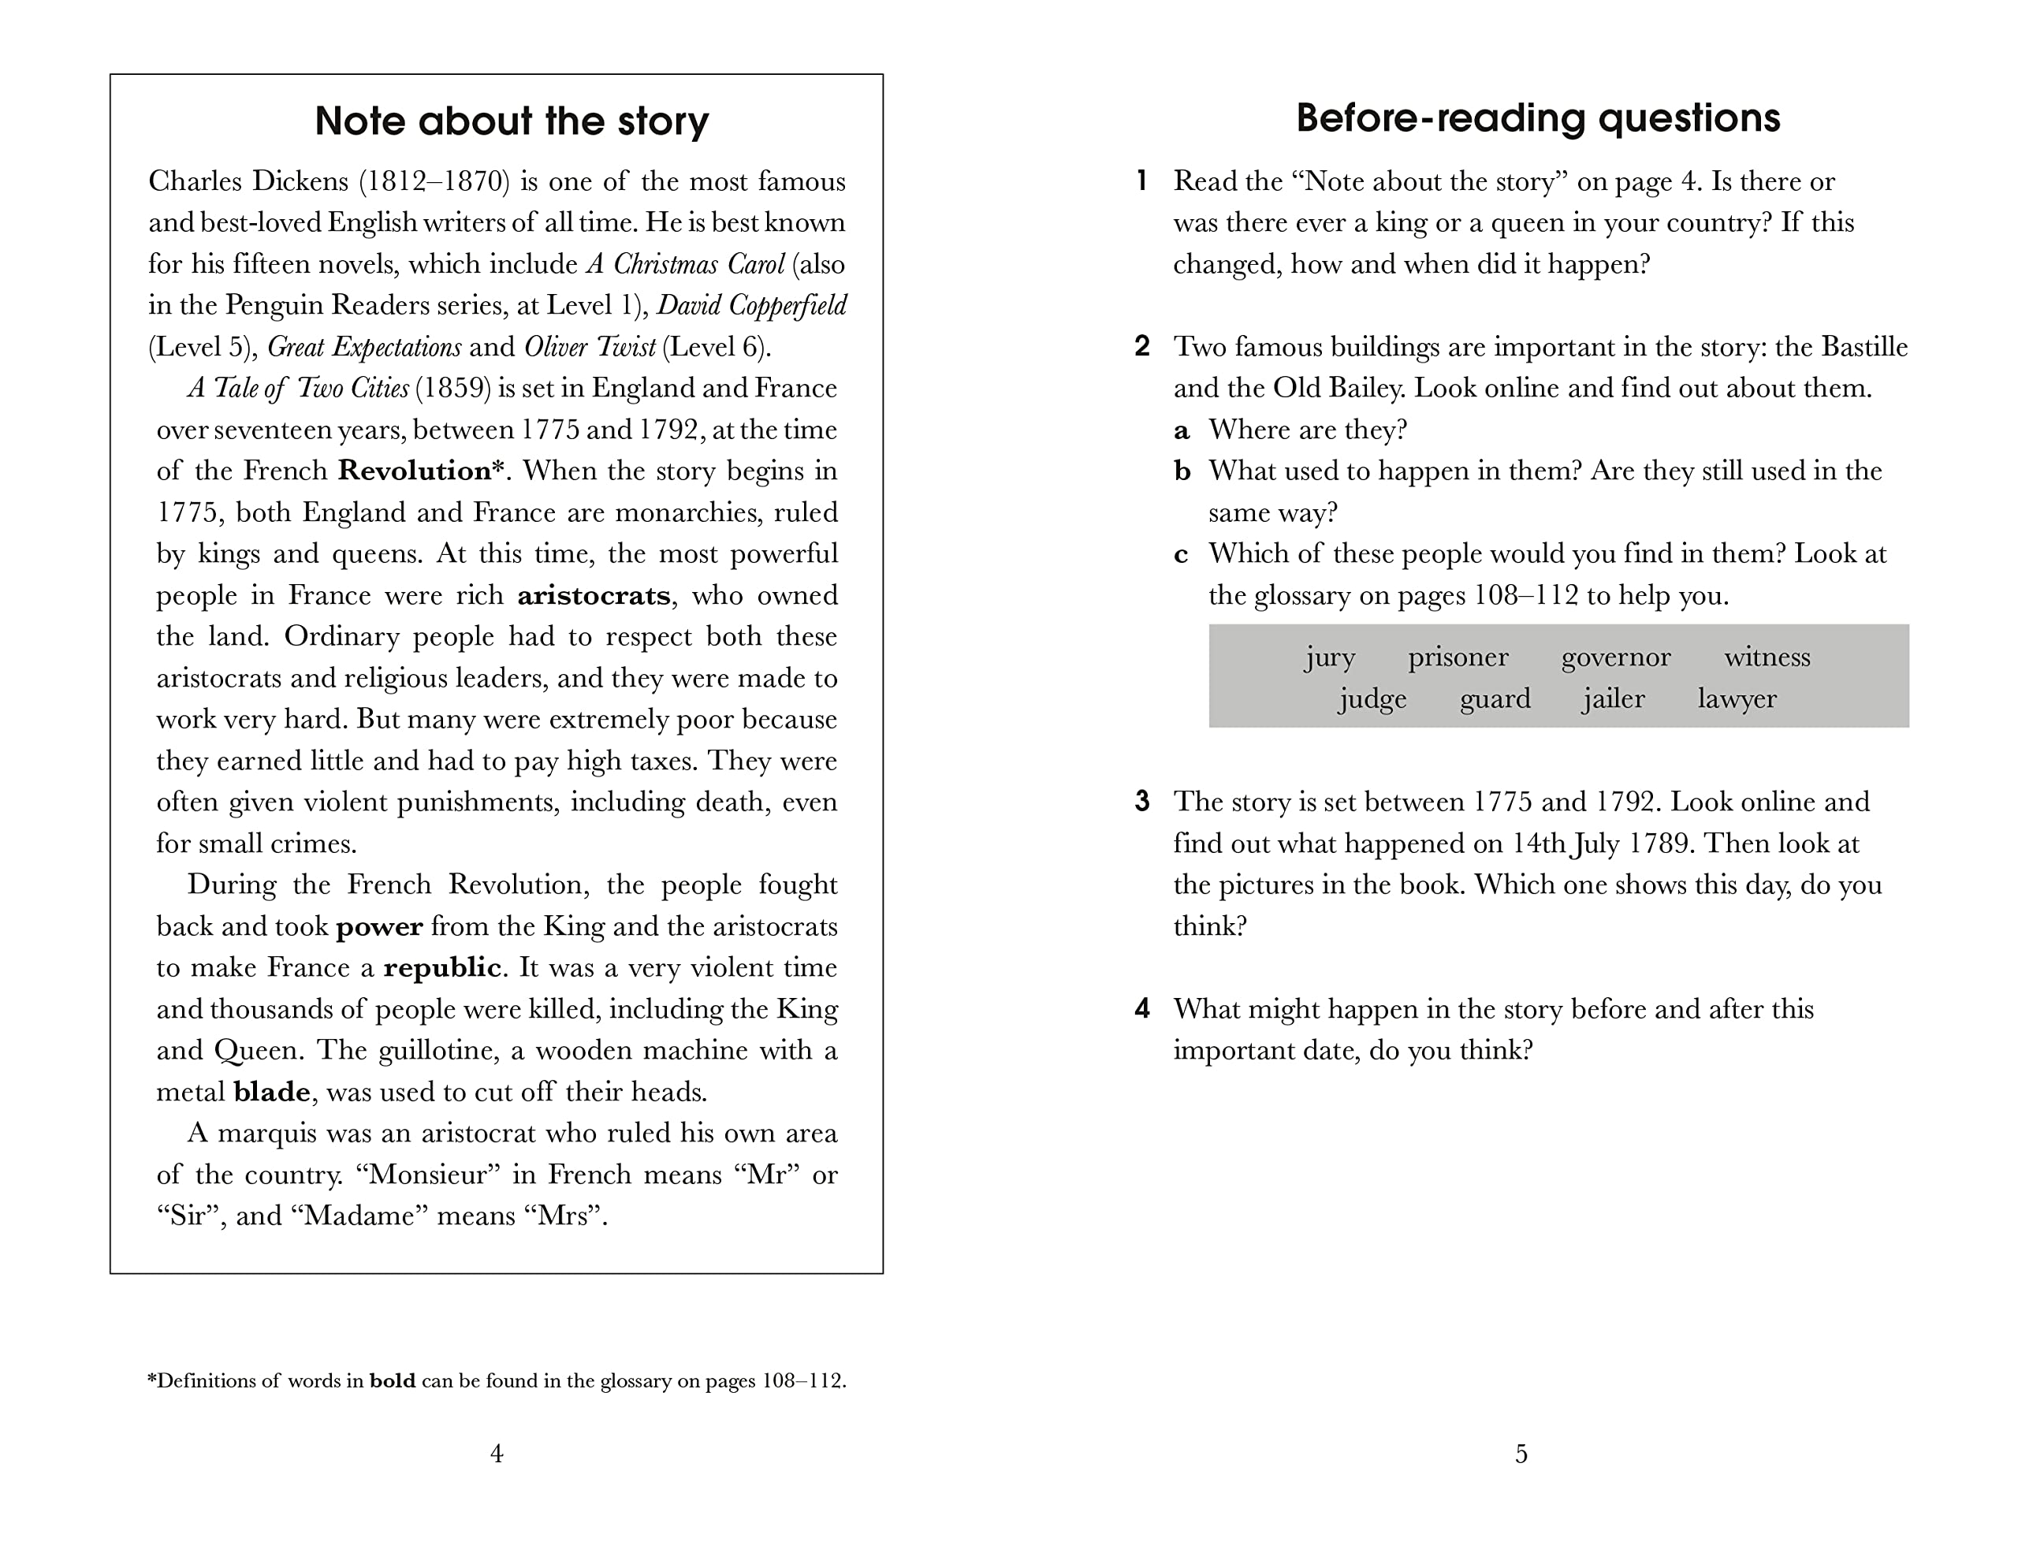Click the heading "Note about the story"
[512, 121]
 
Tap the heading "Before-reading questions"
[1538, 118]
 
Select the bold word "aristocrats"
[594, 596]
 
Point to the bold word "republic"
[442, 967]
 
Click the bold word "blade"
[272, 1092]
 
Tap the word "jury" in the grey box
[1329, 657]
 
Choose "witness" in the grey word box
[1767, 657]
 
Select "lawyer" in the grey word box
[1737, 699]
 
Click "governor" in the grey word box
[1615, 657]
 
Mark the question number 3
[1142, 801]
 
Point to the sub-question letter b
[1182, 471]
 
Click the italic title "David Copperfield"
[751, 305]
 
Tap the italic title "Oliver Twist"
[590, 347]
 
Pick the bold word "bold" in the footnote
[392, 1381]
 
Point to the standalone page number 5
[1521, 1454]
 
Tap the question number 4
[1142, 1009]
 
